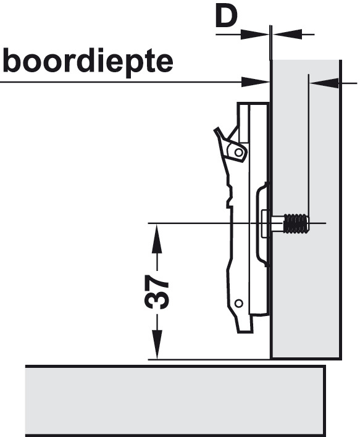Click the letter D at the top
click(x=226, y=17)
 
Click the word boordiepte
click(x=88, y=62)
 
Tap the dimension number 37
click(x=157, y=292)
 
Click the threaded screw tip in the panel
click(x=296, y=223)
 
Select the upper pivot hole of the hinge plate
click(x=238, y=152)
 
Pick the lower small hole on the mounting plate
click(x=239, y=303)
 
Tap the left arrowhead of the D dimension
click(x=254, y=35)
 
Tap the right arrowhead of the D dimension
click(x=288, y=35)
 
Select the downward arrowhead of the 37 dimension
click(x=157, y=344)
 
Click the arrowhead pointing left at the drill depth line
click(x=325, y=83)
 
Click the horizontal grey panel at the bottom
click(x=175, y=401)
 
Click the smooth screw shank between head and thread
click(x=276, y=223)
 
